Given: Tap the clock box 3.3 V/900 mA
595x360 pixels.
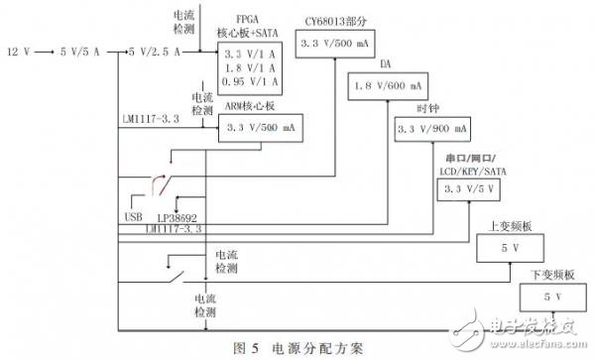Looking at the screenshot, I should (432, 129).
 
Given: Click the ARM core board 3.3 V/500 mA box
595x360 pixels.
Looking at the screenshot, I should (259, 128).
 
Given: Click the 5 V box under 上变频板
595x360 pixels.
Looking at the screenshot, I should (505, 247).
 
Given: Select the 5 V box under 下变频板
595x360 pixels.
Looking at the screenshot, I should (547, 297).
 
